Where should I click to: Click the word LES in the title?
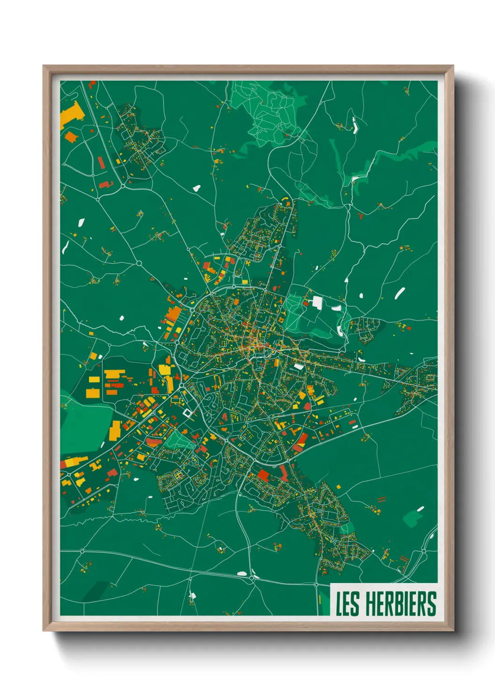347,604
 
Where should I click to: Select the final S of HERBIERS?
432,604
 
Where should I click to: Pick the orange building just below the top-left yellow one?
70,137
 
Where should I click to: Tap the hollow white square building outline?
188,413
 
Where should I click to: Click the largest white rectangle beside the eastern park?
317,302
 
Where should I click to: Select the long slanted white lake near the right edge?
400,293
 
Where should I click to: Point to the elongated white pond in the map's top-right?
354,125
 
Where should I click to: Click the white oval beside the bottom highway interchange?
241,573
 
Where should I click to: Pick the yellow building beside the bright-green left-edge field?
115,431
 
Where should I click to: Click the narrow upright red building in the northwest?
101,163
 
